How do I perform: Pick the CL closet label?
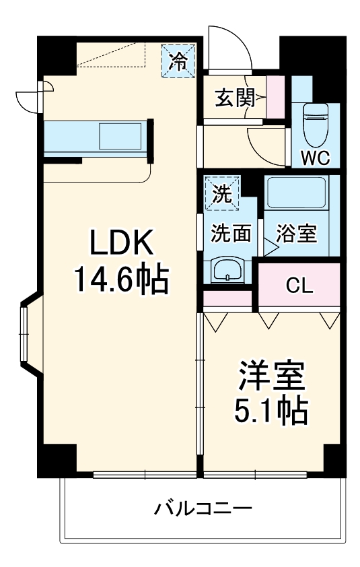point(299,286)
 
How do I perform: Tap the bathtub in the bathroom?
point(296,193)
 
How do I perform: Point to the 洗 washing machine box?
point(223,193)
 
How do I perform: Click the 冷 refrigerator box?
point(178,61)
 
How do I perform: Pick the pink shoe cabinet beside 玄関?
point(275,98)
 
